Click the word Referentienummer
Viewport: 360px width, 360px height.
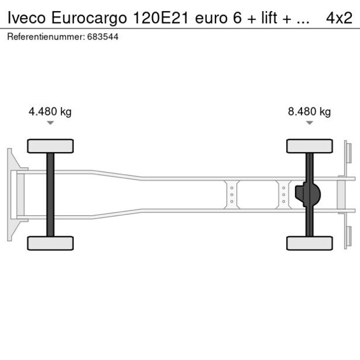45,37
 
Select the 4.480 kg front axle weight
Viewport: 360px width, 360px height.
50,112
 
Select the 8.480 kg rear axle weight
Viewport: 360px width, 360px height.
309,112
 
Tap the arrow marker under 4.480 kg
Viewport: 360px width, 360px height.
51,123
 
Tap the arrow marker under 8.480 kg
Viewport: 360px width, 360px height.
309,123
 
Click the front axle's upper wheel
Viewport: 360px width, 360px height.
51,146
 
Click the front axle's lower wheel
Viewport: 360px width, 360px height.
51,243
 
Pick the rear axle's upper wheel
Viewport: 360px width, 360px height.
309,146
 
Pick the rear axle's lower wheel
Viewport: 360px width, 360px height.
309,243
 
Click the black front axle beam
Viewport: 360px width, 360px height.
51,195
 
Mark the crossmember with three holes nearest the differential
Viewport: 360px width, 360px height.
283,195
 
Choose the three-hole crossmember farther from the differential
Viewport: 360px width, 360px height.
232,195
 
